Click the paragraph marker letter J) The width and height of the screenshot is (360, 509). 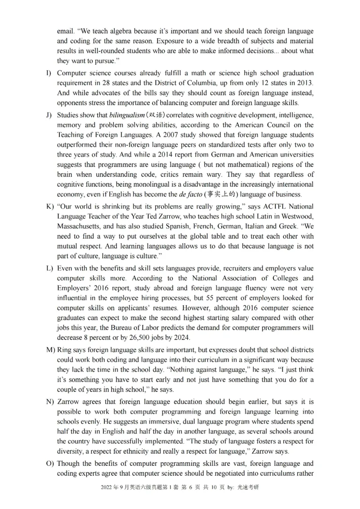point(49,115)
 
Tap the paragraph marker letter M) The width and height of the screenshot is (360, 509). point(50,350)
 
